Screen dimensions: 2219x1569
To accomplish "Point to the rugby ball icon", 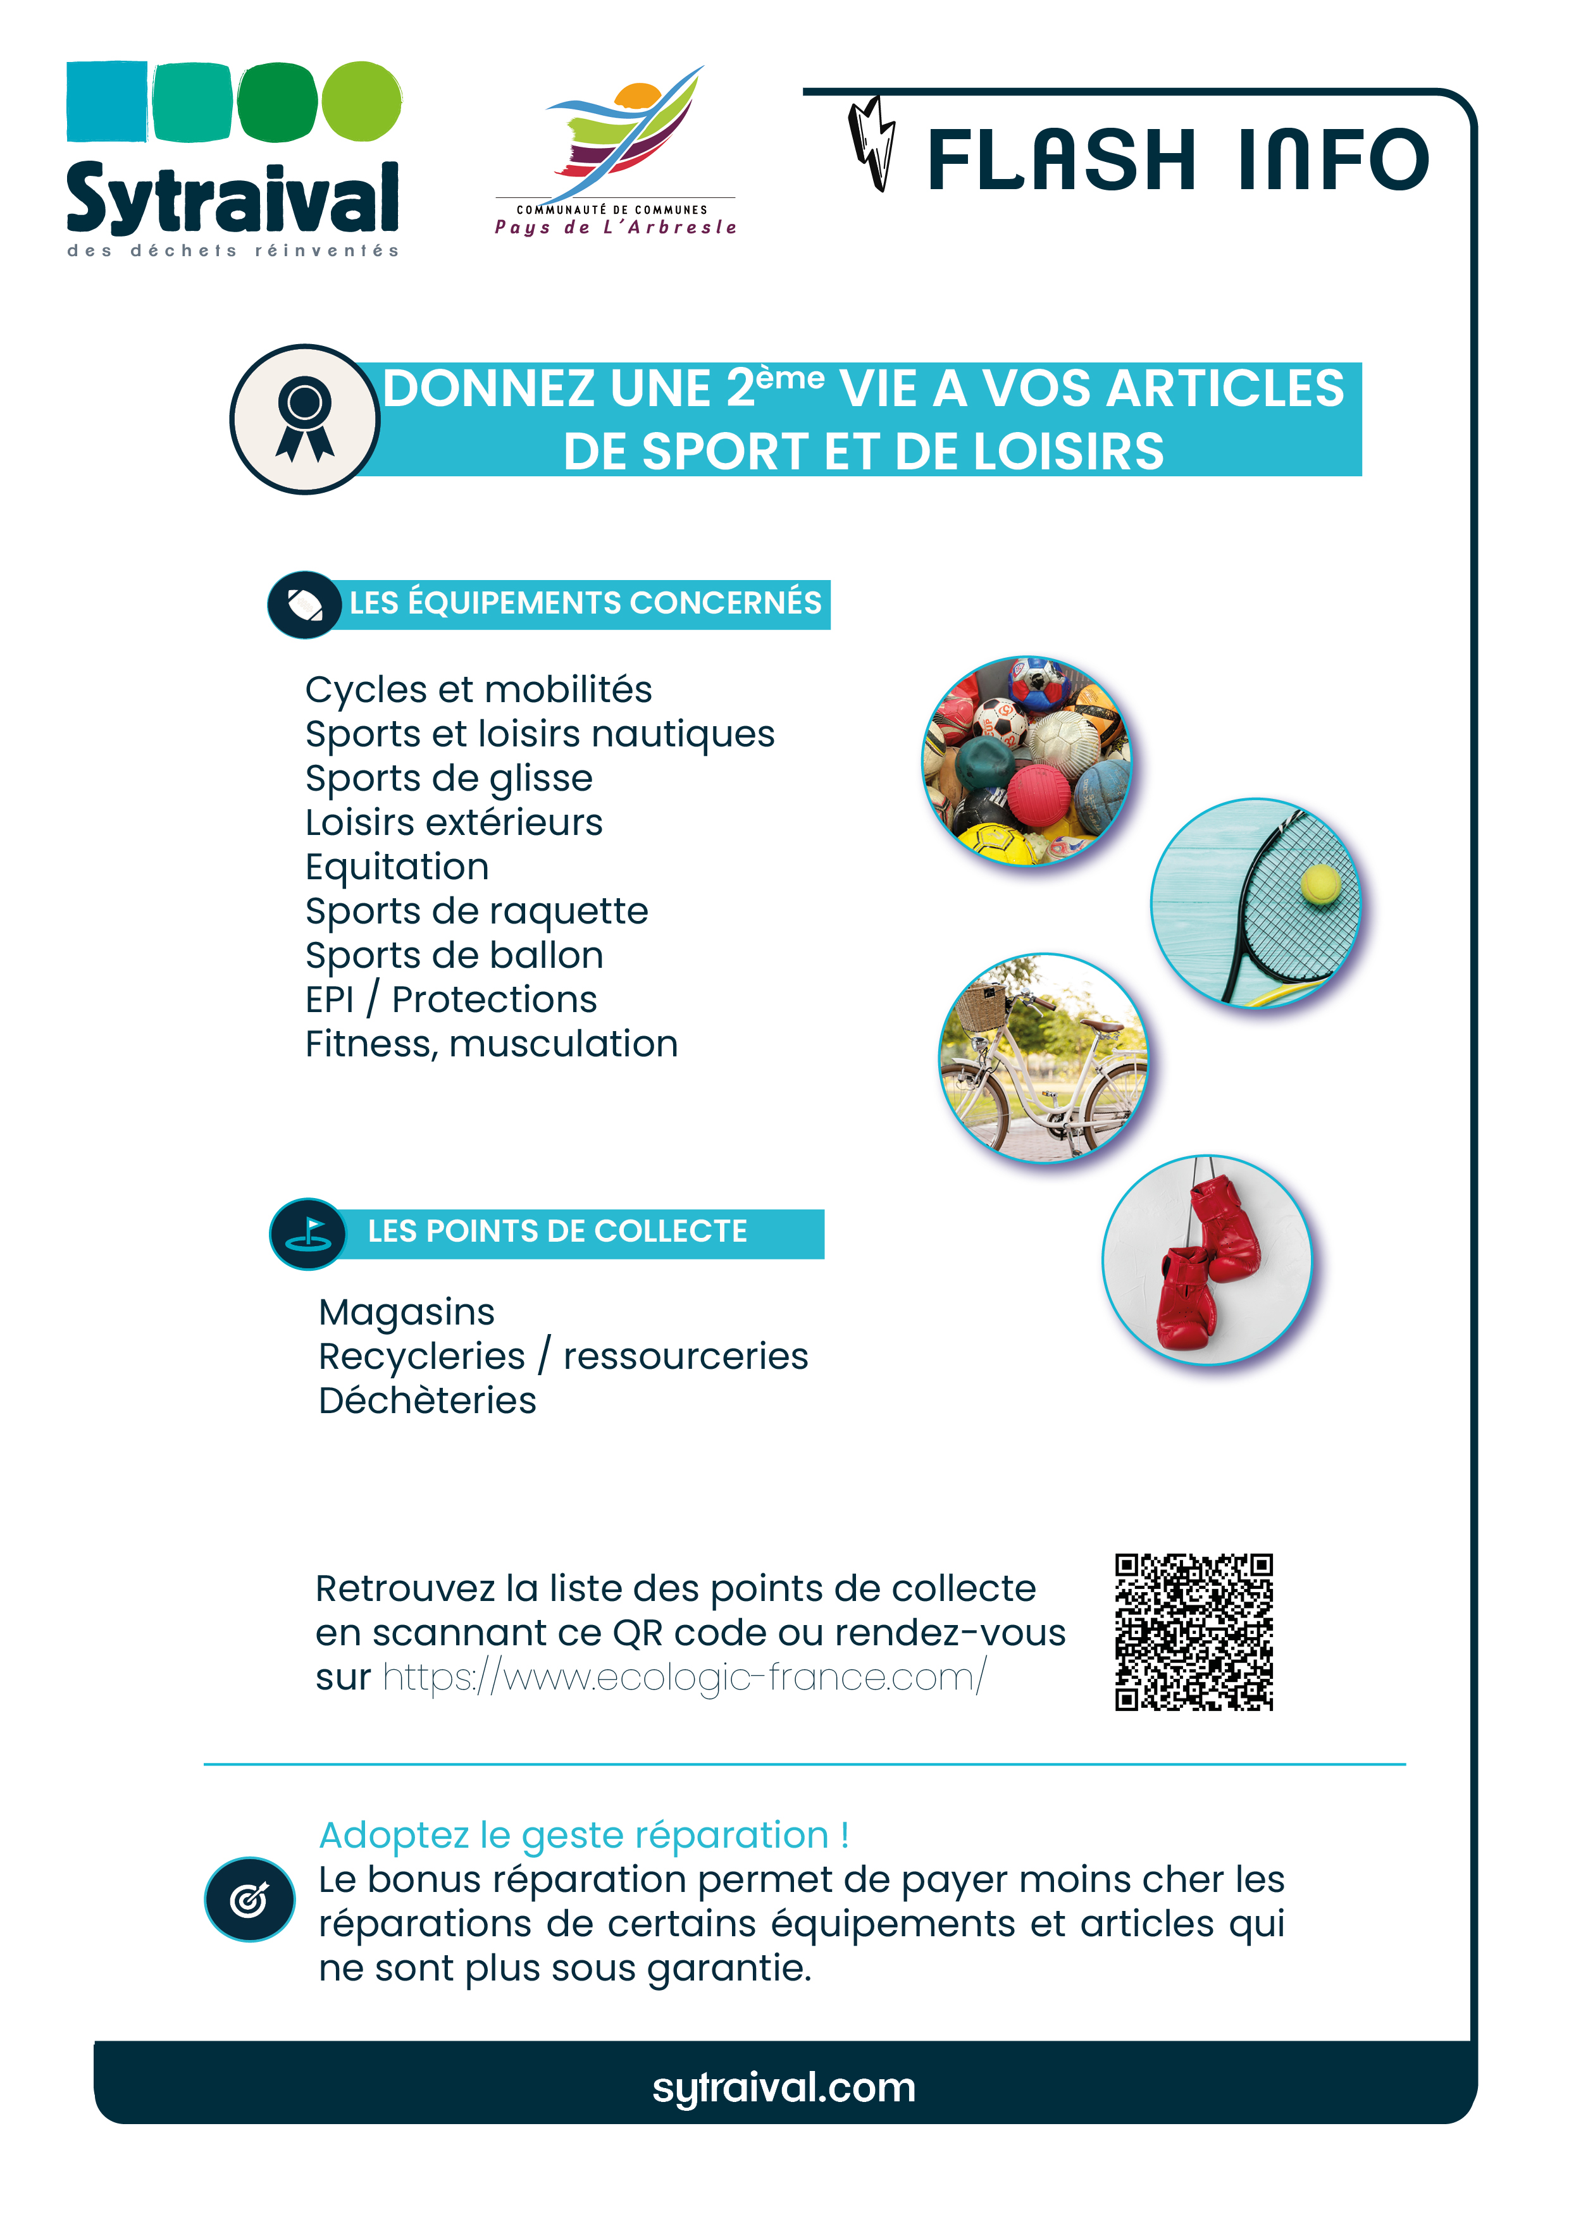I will tap(304, 605).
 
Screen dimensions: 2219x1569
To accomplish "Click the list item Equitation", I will tap(396, 867).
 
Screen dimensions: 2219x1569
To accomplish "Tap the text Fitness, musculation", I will tap(491, 1044).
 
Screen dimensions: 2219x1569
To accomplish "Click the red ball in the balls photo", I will tap(1039, 795).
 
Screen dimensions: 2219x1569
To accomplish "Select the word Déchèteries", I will tap(427, 1400).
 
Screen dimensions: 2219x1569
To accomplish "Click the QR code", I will tap(1193, 1633).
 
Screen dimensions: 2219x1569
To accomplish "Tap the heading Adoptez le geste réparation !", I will tap(584, 1835).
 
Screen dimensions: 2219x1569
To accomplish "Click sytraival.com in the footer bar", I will tap(784, 2087).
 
